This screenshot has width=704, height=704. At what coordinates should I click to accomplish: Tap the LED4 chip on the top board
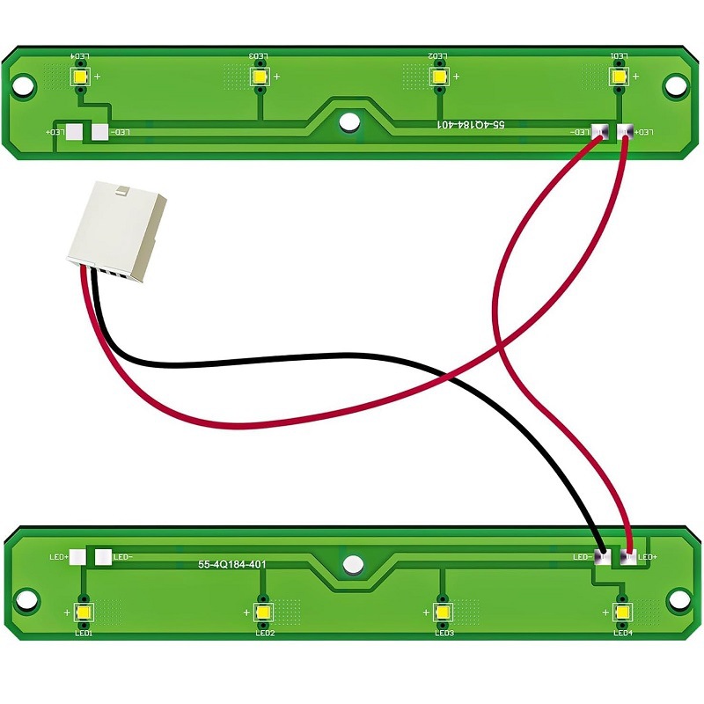(x=81, y=77)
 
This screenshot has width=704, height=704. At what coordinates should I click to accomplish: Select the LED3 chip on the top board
(x=260, y=77)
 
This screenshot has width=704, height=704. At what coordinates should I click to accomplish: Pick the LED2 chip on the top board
(x=438, y=77)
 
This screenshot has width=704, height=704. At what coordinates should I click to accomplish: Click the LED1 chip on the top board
(x=620, y=77)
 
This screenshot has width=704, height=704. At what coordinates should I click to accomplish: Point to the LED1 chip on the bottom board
(x=84, y=612)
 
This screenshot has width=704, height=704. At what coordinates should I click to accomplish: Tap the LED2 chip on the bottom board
(x=263, y=612)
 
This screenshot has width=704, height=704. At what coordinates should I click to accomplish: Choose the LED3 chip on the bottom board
(x=443, y=612)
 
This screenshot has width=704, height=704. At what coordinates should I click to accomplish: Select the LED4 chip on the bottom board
(x=622, y=612)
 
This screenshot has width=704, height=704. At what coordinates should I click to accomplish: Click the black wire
(x=264, y=363)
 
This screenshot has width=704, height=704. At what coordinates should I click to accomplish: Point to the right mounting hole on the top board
(x=675, y=86)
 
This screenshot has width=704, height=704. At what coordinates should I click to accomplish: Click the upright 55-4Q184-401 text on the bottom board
(x=231, y=563)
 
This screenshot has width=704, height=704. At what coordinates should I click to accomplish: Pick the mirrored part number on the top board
(x=472, y=127)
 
